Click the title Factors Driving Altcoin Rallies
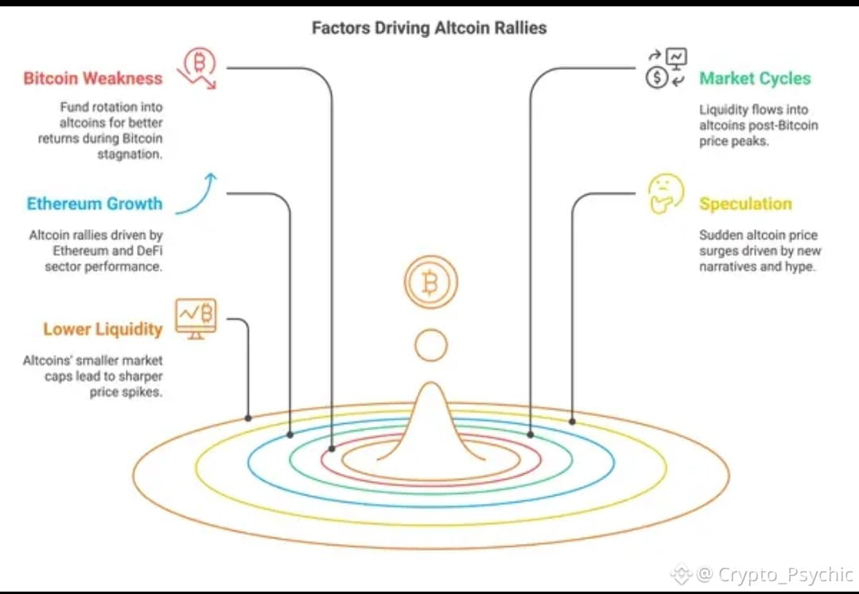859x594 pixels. point(429,28)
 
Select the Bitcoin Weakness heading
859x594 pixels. point(92,79)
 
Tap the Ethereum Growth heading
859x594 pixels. point(94,204)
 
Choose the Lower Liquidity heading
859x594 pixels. point(103,329)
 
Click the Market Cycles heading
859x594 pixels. point(755,79)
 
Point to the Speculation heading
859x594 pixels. point(745,204)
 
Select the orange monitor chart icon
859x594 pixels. point(196,317)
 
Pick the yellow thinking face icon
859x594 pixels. point(665,193)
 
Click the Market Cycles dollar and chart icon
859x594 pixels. point(666,68)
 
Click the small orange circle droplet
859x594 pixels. point(430,345)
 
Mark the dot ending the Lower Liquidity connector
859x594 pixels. point(248,417)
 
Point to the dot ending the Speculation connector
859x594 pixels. point(572,421)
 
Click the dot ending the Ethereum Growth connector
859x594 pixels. point(290,434)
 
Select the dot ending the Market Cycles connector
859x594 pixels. point(531,434)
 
